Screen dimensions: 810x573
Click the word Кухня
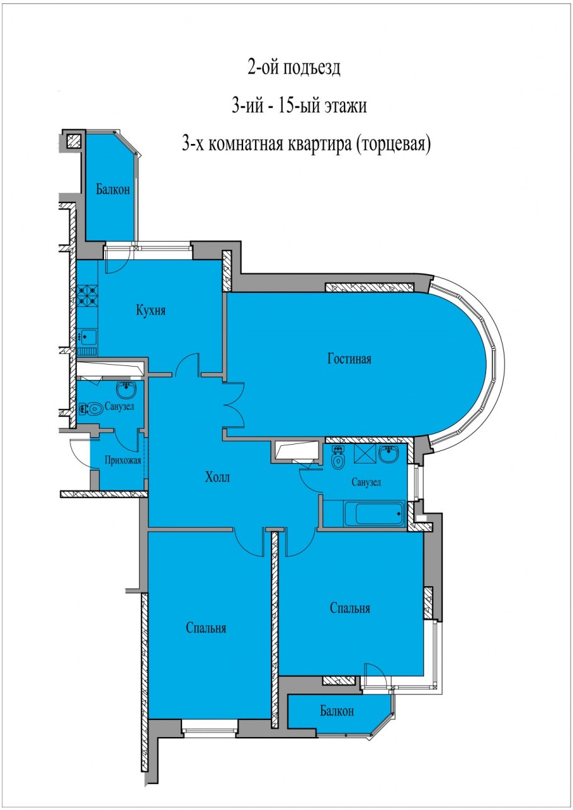150,310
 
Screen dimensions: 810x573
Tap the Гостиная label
349,359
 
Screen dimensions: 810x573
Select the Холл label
217,477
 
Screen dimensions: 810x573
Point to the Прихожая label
123,459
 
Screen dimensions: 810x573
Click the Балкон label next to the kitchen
113,189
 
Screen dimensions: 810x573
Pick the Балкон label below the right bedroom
336,711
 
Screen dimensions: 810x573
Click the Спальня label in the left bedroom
206,628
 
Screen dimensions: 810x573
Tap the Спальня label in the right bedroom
350,608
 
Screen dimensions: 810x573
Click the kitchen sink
88,336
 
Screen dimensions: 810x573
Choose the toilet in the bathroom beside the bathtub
338,460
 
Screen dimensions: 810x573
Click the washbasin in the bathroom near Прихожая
127,390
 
